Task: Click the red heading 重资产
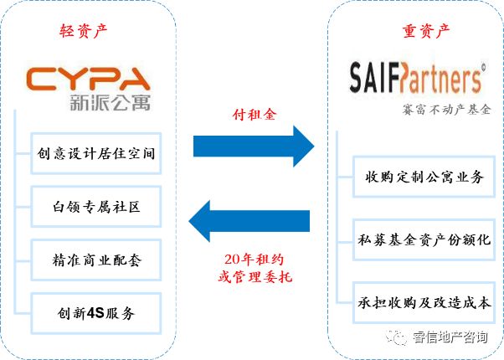(415, 32)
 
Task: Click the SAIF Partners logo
(415, 79)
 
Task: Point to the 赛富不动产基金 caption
(446, 110)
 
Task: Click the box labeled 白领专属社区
(97, 206)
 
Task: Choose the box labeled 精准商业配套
(97, 260)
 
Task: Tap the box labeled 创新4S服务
(97, 313)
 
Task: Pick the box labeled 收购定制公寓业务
(424, 177)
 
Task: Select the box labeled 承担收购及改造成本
(424, 302)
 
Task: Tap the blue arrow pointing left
(250, 221)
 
